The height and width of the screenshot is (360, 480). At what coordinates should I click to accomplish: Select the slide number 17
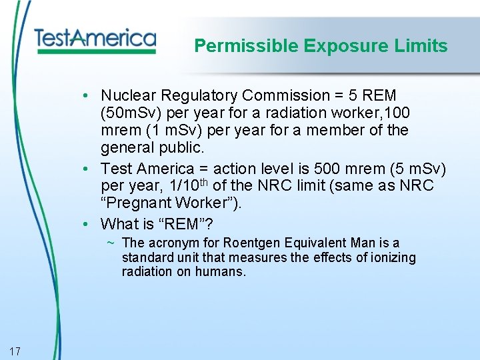[x=16, y=351]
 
